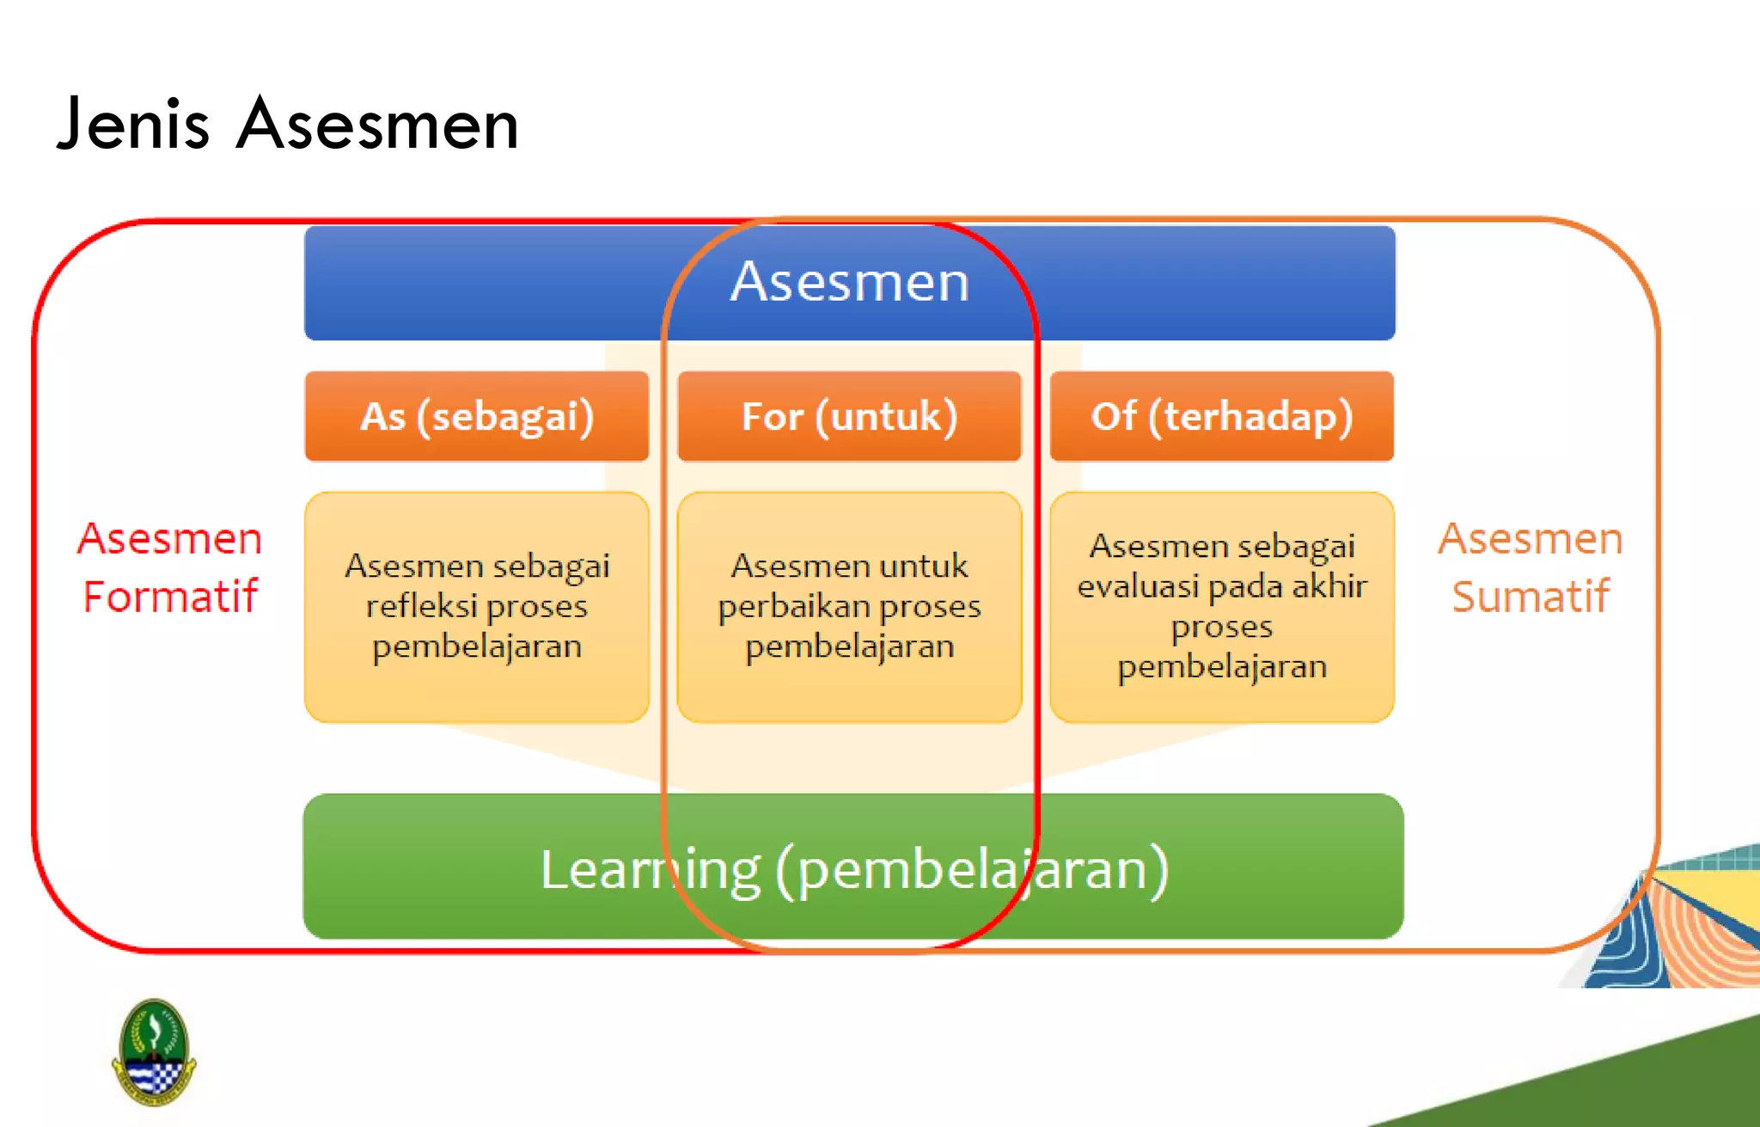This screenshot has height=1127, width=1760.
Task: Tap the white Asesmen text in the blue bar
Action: click(850, 281)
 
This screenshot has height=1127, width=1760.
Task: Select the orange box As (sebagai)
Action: click(477, 417)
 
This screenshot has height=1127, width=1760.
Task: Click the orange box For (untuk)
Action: click(849, 417)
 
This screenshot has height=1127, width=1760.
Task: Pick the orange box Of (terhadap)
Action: click(1221, 417)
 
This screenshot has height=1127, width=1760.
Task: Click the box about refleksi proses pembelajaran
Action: click(477, 607)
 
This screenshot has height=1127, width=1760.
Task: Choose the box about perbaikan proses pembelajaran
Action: click(849, 607)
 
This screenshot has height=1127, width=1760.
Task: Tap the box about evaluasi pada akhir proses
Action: click(1221, 607)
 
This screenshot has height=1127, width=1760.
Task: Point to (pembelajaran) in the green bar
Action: click(971, 869)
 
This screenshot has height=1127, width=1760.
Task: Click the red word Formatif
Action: click(170, 597)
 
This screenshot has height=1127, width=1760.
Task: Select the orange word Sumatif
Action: click(1531, 597)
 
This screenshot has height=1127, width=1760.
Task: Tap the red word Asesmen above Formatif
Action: click(170, 539)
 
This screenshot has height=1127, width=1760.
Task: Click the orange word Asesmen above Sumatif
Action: click(1531, 539)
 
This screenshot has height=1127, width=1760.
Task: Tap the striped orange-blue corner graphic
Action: click(1684, 928)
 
